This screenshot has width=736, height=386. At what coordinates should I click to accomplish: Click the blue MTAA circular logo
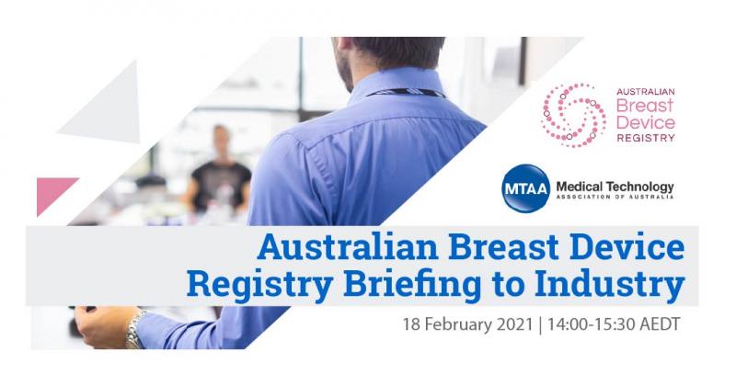tap(525, 188)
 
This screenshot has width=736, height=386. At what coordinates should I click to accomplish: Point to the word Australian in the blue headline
tap(348, 247)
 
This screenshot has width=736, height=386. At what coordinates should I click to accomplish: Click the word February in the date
tap(454, 324)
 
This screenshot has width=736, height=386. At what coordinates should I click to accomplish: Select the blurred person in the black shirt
tap(220, 170)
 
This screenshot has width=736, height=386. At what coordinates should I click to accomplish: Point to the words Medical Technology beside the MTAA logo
tap(615, 187)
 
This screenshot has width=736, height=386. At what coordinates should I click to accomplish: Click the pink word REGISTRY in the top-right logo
tap(646, 138)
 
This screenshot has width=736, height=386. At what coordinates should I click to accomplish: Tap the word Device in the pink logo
tap(646, 122)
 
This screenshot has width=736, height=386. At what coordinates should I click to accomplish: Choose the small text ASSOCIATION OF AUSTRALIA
tap(615, 197)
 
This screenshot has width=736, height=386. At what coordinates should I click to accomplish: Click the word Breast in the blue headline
tap(503, 247)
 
